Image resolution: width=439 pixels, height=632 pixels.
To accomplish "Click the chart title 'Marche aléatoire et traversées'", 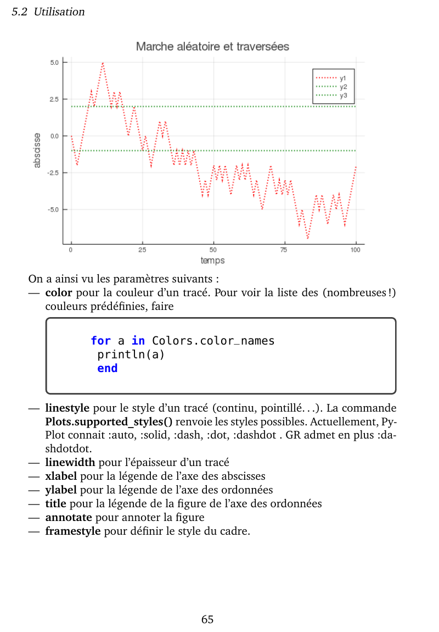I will (x=212, y=47).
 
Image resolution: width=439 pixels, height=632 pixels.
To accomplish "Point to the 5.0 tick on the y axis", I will (x=54, y=63).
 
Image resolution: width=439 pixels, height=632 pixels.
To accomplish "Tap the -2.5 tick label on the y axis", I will (x=53, y=173).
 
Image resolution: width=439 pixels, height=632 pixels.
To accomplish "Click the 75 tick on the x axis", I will (x=284, y=250).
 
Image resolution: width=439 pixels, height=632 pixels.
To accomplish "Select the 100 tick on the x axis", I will (x=356, y=250).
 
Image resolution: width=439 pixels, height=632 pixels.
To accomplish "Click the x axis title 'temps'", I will (x=212, y=260).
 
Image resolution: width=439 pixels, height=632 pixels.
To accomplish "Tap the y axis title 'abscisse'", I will (x=37, y=150).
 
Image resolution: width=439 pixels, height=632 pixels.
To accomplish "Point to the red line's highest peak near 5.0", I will (x=103, y=63).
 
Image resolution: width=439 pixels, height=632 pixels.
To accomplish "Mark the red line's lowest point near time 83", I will (x=308, y=238).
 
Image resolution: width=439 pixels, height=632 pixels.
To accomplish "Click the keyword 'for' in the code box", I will (x=101, y=341).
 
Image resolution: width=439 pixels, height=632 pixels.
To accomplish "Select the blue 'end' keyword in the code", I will (x=108, y=368).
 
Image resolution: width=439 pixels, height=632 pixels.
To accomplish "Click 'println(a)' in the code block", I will (x=131, y=355).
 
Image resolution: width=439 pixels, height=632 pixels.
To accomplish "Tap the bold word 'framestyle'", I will (x=73, y=531).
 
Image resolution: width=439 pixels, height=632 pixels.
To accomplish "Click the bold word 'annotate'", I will (x=69, y=518).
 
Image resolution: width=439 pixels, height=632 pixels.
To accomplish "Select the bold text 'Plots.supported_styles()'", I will (x=109, y=423).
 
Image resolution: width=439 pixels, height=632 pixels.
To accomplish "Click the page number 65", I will (x=207, y=620).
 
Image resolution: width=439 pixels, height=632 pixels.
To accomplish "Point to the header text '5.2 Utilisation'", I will (x=48, y=12).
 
